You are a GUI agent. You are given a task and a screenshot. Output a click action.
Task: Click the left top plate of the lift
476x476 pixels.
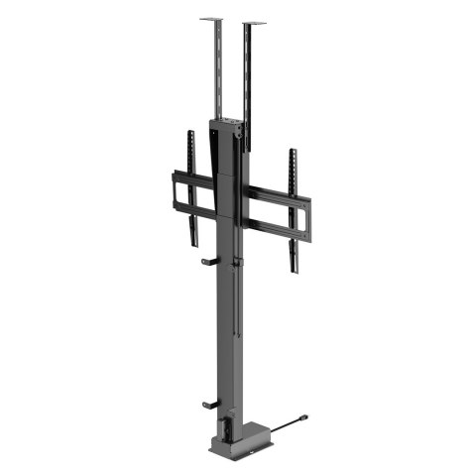click(211, 19)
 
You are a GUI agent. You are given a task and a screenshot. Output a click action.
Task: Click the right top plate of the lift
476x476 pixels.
click(254, 24)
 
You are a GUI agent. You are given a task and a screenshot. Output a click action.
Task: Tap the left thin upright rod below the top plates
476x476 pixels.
click(211, 69)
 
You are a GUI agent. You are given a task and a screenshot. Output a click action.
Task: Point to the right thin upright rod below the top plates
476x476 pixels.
click(247, 79)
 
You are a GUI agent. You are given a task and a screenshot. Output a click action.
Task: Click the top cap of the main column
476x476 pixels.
click(225, 122)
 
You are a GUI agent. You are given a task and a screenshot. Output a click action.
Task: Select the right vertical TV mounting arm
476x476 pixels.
click(294, 208)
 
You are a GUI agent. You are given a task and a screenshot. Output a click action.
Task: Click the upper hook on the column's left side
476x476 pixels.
click(208, 263)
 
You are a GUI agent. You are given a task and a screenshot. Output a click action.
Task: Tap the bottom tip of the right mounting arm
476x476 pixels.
click(294, 270)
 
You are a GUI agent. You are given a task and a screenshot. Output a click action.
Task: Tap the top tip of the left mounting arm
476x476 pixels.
click(191, 133)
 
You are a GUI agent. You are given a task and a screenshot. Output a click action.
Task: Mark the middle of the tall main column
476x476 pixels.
click(223, 297)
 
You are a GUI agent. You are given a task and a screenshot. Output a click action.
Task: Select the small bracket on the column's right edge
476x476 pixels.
click(239, 263)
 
